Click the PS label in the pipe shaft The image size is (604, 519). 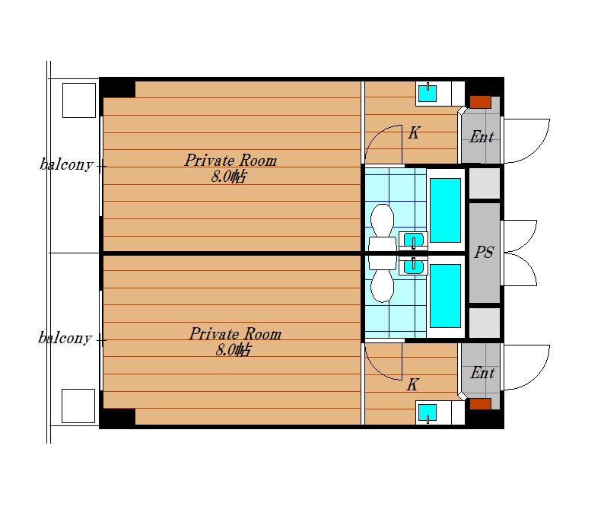(484, 253)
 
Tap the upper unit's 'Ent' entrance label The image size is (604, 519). (482, 137)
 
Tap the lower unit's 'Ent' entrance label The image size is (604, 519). (482, 373)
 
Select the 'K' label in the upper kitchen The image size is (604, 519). (414, 133)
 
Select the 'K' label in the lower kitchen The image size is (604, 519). (412, 384)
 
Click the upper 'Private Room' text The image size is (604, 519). (230, 161)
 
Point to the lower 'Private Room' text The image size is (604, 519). (235, 333)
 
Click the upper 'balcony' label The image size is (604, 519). (66, 164)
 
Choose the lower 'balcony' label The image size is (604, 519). (65, 338)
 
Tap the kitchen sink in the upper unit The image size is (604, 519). (428, 94)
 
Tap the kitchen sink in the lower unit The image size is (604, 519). (428, 413)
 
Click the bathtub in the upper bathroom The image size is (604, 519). (445, 210)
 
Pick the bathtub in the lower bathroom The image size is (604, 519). (445, 296)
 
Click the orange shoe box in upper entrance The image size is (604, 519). (480, 102)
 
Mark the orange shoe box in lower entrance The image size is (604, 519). (480, 404)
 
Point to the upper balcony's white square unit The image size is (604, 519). (79, 100)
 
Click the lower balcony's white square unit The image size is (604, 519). (78, 406)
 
